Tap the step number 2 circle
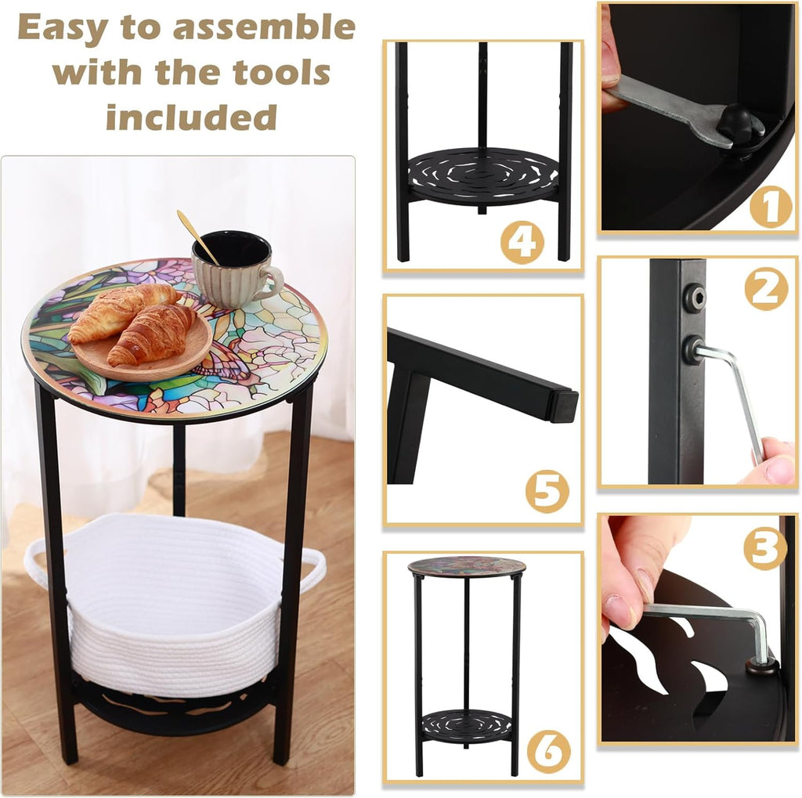click(x=765, y=290)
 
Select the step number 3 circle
click(x=764, y=548)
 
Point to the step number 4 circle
click(x=522, y=242)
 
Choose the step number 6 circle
click(x=547, y=751)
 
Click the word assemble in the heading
click(x=264, y=28)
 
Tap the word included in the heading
click(x=191, y=117)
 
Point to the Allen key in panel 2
click(x=735, y=392)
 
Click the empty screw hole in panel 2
click(x=693, y=297)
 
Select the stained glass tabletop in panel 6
click(x=467, y=566)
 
